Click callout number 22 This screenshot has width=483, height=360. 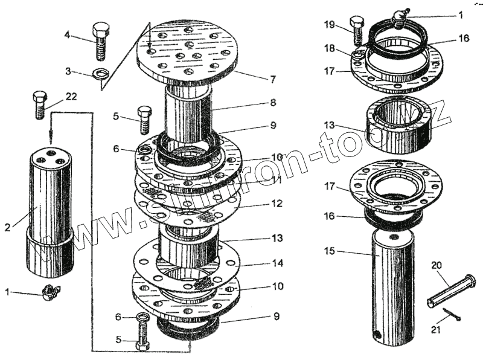(x=71, y=97)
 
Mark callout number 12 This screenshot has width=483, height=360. (x=277, y=204)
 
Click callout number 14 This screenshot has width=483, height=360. (x=277, y=264)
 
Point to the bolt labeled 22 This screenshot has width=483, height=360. (x=40, y=103)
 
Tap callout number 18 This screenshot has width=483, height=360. (x=329, y=47)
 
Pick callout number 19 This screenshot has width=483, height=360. (x=329, y=25)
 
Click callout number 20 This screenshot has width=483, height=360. (x=436, y=264)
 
